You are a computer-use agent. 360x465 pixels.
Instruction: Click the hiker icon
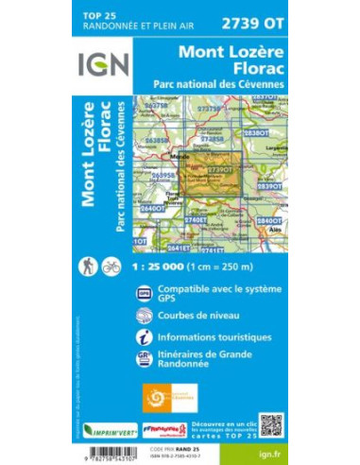tap(89, 267)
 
